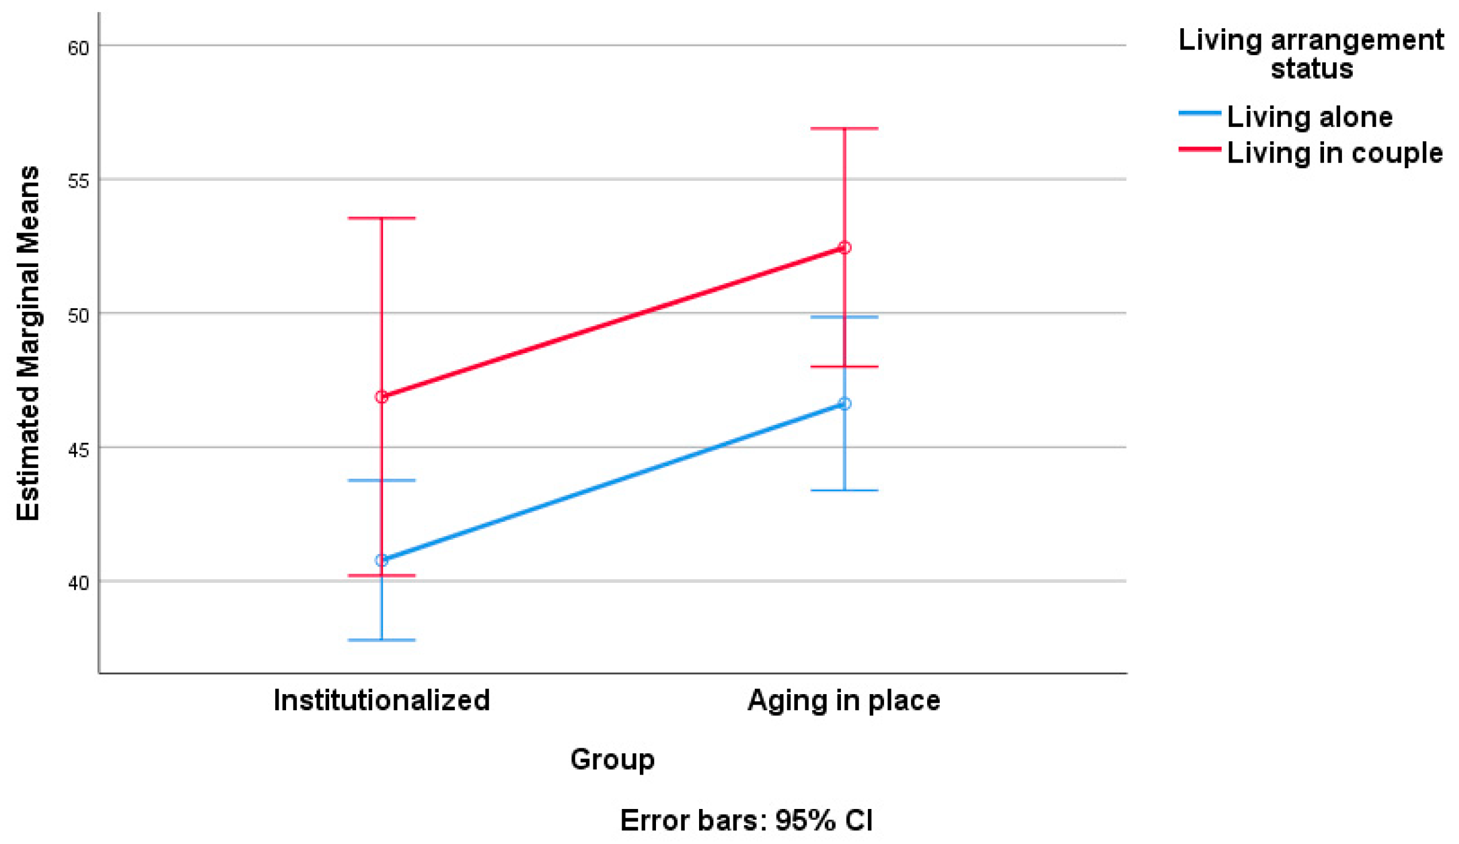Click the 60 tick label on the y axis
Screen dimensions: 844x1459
78,48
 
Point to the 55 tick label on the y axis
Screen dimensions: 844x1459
78,181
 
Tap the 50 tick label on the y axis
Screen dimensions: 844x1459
78,315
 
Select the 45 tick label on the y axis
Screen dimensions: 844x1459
78,449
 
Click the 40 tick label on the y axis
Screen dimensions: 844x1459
78,583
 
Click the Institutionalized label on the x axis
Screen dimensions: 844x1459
381,700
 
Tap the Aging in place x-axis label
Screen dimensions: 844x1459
844,701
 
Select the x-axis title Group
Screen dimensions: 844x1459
612,759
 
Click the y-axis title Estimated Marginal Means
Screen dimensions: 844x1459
28,343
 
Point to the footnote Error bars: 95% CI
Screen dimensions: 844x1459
746,820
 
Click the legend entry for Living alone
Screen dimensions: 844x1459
1309,117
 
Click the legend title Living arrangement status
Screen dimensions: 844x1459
1311,54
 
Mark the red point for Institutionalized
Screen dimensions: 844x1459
381,397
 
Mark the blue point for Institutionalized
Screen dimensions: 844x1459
381,560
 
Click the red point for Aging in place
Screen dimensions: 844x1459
844,248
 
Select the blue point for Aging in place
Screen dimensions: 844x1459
844,404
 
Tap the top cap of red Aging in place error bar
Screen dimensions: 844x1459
844,129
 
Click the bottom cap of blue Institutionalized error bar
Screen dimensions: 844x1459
381,640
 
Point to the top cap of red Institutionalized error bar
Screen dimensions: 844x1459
381,218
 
